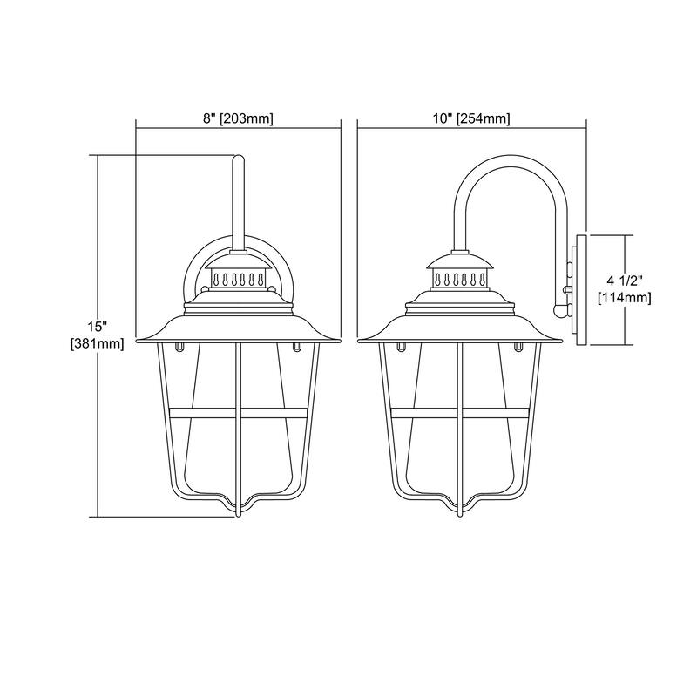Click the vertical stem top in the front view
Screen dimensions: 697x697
[x=238, y=159]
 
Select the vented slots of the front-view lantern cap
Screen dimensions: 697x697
[x=237, y=280]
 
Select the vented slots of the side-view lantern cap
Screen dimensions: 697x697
[x=460, y=280]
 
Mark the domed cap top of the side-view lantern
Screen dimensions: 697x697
[x=460, y=259]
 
